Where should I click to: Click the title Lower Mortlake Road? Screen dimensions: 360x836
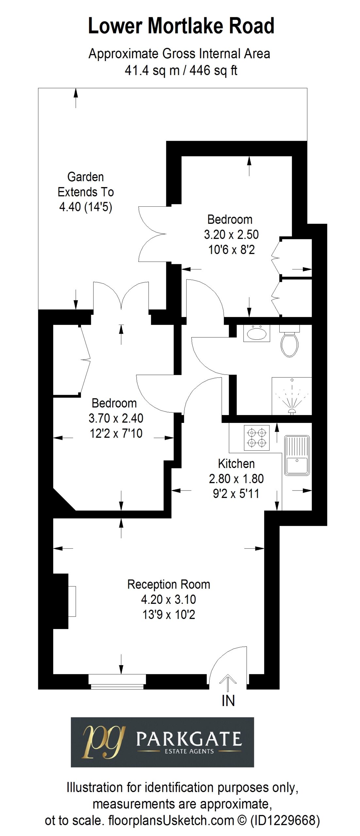coord(181,26)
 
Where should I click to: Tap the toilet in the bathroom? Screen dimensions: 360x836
coord(289,341)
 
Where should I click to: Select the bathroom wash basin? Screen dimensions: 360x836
coord(256,333)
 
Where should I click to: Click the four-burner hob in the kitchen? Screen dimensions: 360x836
coord(257,438)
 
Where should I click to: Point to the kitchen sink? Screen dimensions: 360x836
coord(297,455)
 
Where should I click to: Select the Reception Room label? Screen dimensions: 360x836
coord(169,584)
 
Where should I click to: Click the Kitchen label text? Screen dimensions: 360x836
coord(236,463)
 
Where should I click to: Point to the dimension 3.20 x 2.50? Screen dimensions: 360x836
coord(231,234)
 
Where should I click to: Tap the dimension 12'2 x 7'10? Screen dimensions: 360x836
coord(116,433)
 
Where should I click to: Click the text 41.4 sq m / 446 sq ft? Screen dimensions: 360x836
coord(181,70)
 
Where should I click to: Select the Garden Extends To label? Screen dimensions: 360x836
coord(86,185)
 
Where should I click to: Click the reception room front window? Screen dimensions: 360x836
coord(117,682)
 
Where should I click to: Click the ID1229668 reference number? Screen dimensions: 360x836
coord(284,821)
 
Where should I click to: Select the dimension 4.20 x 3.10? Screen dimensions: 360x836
coord(169,600)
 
